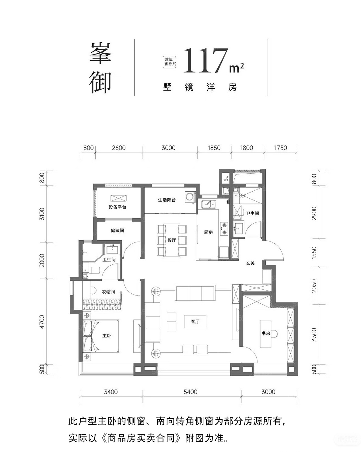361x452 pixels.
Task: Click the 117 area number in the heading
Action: [x=205, y=61]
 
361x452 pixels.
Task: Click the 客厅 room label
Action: [x=195, y=322]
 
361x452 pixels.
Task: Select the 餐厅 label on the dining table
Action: [x=171, y=240]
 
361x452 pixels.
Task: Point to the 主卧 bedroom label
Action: [x=107, y=336]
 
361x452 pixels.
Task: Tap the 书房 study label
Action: [x=266, y=334]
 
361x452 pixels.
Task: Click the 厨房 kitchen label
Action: [x=208, y=232]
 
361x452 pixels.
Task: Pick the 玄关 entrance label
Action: [x=250, y=263]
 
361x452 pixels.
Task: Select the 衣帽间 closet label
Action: [x=108, y=292]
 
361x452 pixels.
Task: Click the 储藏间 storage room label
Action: [x=117, y=231]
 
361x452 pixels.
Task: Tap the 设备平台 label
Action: [x=117, y=207]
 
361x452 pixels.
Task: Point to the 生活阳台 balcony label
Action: [x=166, y=200]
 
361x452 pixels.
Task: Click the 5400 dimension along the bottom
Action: [x=191, y=392]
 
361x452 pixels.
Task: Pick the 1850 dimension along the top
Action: [x=214, y=148]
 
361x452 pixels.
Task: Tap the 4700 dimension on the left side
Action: [x=42, y=322]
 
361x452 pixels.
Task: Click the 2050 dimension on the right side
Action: [x=314, y=286]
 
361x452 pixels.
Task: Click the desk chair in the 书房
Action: [x=275, y=334]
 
